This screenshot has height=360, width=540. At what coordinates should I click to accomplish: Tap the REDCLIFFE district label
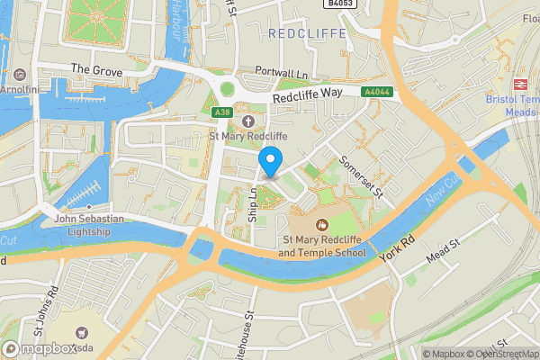pyautogui.click(x=306, y=33)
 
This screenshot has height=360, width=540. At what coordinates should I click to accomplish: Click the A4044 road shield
pyautogui.click(x=376, y=92)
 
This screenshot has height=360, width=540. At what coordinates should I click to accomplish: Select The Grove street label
pyautogui.click(x=94, y=69)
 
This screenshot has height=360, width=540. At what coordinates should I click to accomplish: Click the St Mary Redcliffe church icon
pyautogui.click(x=247, y=121)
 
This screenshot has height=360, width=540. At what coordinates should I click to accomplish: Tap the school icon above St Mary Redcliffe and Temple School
pyautogui.click(x=323, y=225)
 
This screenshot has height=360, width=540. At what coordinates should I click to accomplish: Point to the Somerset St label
pyautogui.click(x=361, y=176)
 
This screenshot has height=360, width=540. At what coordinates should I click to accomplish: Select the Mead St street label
pyautogui.click(x=443, y=248)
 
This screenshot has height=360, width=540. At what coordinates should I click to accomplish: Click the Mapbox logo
pyautogui.click(x=39, y=348)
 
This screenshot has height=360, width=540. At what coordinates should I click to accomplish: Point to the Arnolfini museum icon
pyautogui.click(x=21, y=74)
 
